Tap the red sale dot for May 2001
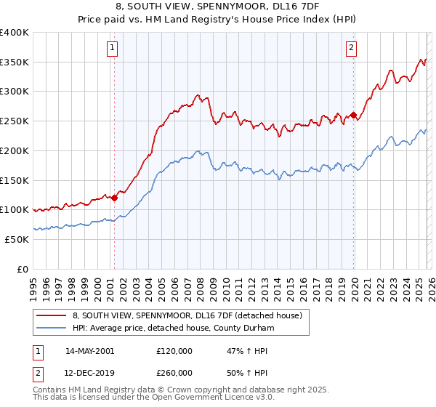coord(114,197)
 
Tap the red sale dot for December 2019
coord(353,115)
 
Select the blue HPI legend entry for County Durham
coord(173,329)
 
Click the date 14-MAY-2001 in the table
coord(89,350)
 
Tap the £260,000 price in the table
coord(174,372)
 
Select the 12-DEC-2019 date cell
coord(89,372)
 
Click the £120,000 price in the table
coord(174,350)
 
